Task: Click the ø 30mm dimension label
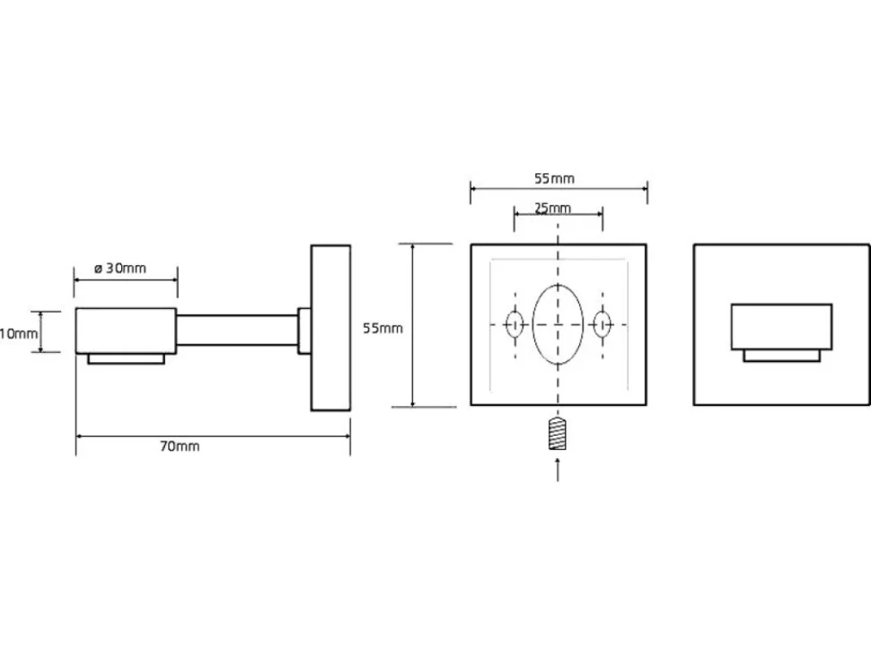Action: [120, 269]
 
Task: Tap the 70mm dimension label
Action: [180, 446]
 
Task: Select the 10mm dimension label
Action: [19, 334]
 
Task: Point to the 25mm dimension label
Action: [553, 208]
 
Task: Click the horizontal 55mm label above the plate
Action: [554, 179]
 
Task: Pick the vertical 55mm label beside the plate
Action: [383, 329]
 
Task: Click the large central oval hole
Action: [558, 324]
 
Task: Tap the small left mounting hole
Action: [515, 324]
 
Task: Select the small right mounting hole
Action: [603, 324]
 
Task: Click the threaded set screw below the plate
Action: [558, 433]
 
